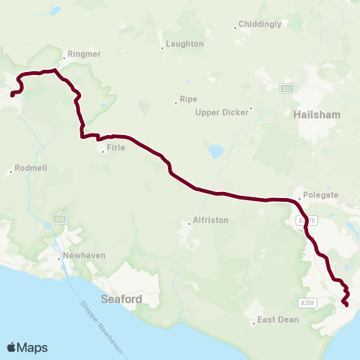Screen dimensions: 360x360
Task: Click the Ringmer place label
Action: [84, 54]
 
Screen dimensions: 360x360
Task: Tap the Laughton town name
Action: [184, 44]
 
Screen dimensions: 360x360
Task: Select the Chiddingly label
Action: [260, 24]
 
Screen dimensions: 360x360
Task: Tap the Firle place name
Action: [115, 148]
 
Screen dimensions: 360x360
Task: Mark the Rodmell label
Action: [30, 169]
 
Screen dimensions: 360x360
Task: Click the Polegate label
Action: [321, 195]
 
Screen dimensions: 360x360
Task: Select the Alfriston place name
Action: [211, 220]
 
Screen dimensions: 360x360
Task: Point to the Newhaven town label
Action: [84, 255]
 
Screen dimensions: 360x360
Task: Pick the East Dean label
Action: [277, 319]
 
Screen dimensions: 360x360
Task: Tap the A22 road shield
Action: [286, 88]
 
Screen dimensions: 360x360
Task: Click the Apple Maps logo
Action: [27, 347]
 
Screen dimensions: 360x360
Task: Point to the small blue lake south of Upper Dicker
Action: [217, 151]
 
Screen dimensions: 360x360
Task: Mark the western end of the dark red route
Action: [12, 94]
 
